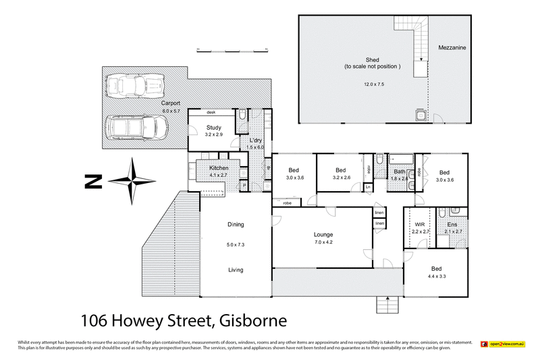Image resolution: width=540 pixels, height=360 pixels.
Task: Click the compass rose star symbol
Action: coord(133,180)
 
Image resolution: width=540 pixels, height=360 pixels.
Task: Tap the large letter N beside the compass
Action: coord(92,181)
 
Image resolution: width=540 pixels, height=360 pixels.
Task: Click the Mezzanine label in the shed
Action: coord(452,48)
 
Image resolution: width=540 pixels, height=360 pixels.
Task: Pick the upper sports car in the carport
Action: coord(137,86)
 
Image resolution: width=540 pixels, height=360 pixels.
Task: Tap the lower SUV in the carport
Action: coord(138,125)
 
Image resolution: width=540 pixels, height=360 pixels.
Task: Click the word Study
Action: coord(214,127)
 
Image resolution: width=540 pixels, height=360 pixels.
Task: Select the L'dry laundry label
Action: coord(256,139)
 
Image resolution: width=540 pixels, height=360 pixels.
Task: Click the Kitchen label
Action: coord(219,168)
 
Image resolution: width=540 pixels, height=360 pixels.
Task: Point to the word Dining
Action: coord(235,225)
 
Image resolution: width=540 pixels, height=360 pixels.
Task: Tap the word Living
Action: coord(235,270)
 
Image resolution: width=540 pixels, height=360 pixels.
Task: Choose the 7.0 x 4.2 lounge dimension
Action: coord(323,242)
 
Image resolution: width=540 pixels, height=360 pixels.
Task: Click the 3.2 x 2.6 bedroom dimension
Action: coord(341,178)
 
